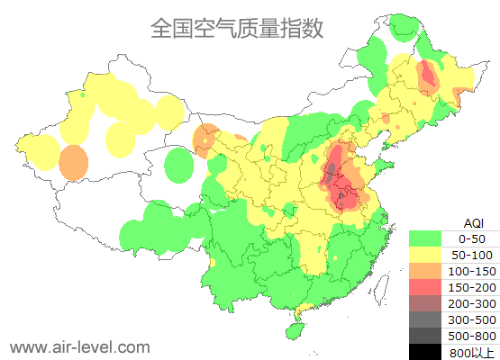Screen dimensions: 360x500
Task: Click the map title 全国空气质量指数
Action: pos(237,29)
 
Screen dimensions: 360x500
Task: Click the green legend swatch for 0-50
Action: pos(424,239)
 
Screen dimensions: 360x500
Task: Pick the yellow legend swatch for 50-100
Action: pos(424,256)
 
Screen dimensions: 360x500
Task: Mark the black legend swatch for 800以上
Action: pos(424,351)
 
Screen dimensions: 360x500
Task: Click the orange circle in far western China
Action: pos(74,163)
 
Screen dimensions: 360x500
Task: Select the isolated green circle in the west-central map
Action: pos(181,166)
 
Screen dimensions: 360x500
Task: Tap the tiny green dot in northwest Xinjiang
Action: pos(82,94)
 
